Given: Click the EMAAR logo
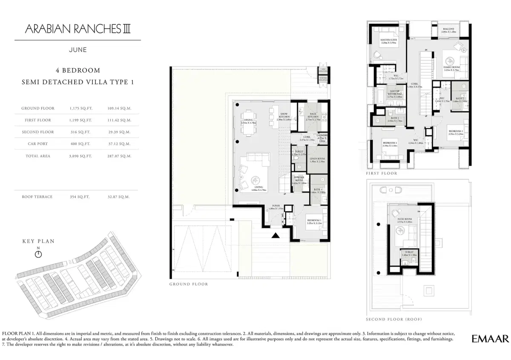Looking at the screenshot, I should [x=490, y=339].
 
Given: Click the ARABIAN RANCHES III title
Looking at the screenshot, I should [x=78, y=29].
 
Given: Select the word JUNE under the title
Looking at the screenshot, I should [x=78, y=50].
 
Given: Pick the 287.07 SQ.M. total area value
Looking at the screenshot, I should [x=120, y=156].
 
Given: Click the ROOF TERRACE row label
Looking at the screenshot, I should [x=37, y=197].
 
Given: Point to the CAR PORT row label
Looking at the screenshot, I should [x=37, y=144].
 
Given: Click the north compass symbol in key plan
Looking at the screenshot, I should [x=38, y=254].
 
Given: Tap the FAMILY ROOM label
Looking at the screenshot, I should [x=451, y=68].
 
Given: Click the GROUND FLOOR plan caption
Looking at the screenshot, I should [x=189, y=284].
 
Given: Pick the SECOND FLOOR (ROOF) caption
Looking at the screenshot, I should [x=394, y=319].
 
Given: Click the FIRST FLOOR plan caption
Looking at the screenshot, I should [x=382, y=173].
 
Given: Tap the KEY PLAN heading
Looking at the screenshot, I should [x=38, y=241].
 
